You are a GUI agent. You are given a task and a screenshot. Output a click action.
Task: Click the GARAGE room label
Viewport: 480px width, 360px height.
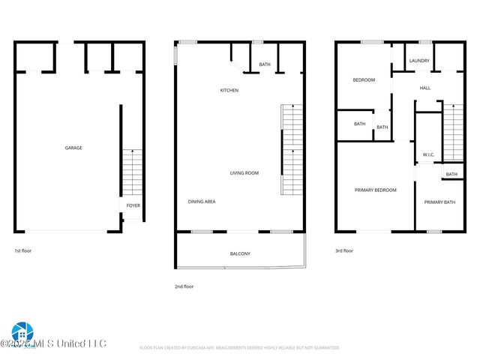click(x=73, y=148)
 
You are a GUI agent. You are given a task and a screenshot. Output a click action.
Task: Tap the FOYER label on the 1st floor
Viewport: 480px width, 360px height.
click(x=133, y=205)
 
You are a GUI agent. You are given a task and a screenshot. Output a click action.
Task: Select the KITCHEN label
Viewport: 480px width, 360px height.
click(x=229, y=91)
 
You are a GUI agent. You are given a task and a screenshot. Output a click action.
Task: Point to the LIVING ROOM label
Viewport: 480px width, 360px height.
click(x=244, y=173)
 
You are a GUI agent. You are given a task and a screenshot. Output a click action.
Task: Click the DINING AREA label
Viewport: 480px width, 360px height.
click(x=202, y=202)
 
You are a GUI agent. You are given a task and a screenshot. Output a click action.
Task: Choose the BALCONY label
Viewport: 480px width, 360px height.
click(x=240, y=254)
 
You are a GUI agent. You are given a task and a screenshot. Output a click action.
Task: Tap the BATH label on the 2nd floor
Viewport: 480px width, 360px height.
click(x=265, y=64)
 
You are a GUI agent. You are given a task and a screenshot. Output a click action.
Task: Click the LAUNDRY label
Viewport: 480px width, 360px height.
click(x=418, y=61)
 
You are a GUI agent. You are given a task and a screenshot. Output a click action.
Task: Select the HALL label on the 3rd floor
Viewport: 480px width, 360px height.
click(x=424, y=88)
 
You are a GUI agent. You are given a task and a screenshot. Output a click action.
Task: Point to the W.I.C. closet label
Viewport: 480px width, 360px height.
click(x=428, y=155)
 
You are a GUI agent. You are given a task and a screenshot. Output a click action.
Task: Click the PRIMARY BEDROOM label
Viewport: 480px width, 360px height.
click(x=375, y=190)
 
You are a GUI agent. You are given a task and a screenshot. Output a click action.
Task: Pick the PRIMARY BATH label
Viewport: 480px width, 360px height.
click(x=439, y=202)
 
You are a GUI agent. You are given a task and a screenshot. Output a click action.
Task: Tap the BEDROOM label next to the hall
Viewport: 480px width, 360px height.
click(x=364, y=80)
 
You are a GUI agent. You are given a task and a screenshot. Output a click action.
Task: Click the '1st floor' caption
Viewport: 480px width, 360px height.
click(x=24, y=250)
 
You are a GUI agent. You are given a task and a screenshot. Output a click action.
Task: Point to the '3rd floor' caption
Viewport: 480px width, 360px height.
click(x=343, y=250)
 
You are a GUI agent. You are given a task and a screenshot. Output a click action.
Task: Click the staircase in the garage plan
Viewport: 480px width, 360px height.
click(x=131, y=172)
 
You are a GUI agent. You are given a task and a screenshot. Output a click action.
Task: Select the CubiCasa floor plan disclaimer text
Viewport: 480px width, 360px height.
click(x=240, y=348)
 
